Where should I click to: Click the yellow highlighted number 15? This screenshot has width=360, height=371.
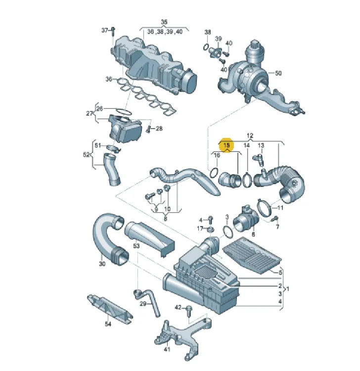pos(226,145)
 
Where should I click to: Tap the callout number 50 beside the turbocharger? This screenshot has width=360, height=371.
pos(278,73)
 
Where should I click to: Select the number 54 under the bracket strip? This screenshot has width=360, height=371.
pos(108,324)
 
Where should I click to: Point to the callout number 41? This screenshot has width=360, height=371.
pos(167,349)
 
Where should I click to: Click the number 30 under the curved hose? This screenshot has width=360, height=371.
pos(102,263)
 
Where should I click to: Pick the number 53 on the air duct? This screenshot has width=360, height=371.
pos(136,246)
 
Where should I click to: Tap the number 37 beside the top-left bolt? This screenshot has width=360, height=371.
pos(104,30)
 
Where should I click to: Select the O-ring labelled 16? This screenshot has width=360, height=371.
pos(214,173)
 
